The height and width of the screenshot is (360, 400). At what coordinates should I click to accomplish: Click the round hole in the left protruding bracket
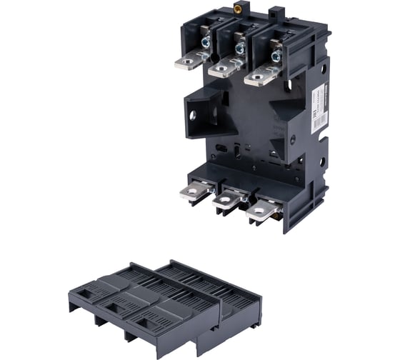195,114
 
